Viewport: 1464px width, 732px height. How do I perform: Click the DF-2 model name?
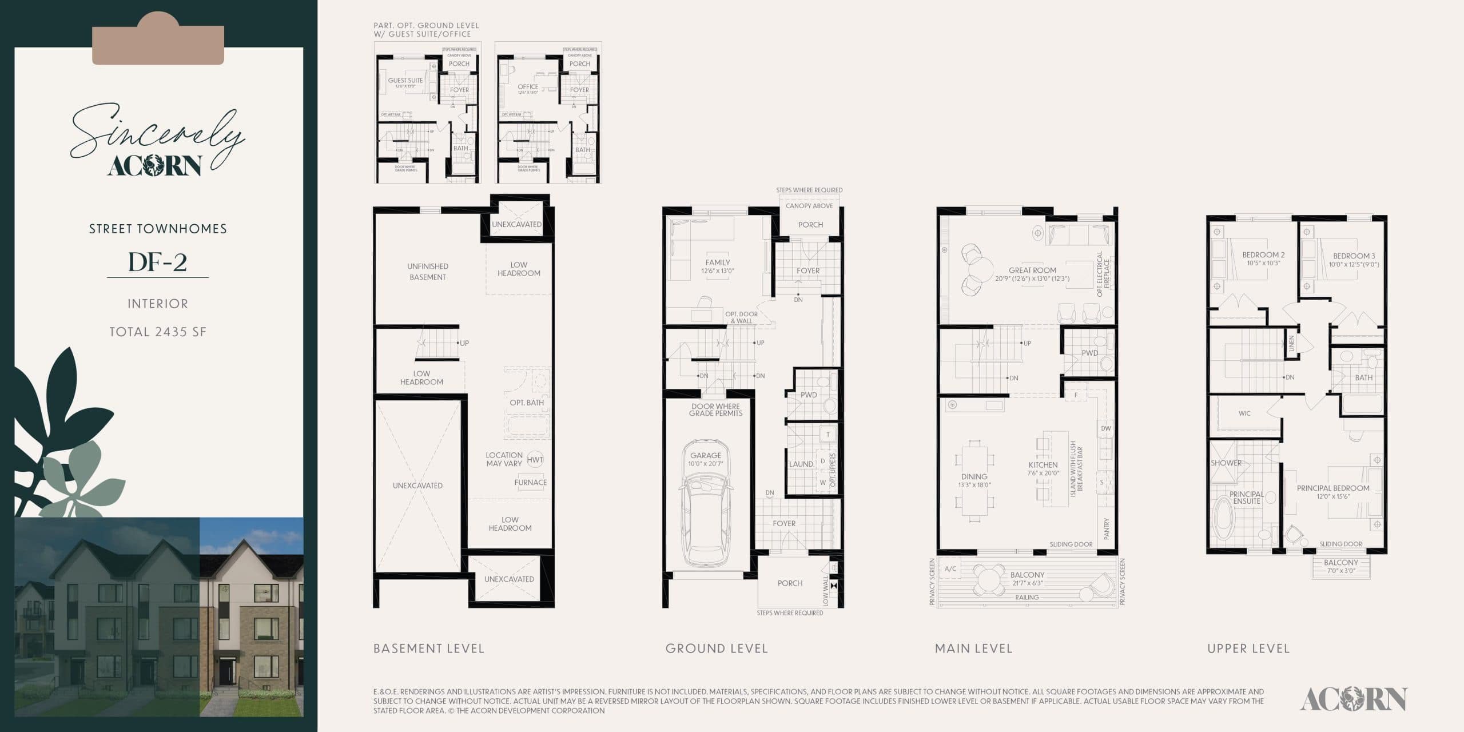pos(157,262)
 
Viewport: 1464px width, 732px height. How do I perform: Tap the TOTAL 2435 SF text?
pos(158,332)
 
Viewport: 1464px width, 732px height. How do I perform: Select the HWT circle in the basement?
pos(535,460)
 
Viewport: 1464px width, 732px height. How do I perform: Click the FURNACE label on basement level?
pos(530,482)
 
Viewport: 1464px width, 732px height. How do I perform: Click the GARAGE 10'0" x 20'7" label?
pos(706,459)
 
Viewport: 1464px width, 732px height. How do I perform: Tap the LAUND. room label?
pos(801,464)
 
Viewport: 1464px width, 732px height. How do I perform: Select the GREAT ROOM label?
pos(1032,270)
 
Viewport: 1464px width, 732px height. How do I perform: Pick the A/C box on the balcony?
pos(950,569)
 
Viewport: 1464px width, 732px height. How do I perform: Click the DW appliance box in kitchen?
pos(1105,428)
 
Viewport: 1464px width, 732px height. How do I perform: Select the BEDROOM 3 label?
pos(1354,256)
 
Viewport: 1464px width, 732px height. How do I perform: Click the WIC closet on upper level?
pos(1244,413)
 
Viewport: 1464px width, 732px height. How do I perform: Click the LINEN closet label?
pos(1291,343)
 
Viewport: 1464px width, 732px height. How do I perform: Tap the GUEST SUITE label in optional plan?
pos(405,81)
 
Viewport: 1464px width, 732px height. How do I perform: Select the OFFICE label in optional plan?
pos(527,87)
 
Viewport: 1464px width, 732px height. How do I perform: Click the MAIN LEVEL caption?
pos(973,649)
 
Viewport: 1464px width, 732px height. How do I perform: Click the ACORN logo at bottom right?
pos(1353,699)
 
